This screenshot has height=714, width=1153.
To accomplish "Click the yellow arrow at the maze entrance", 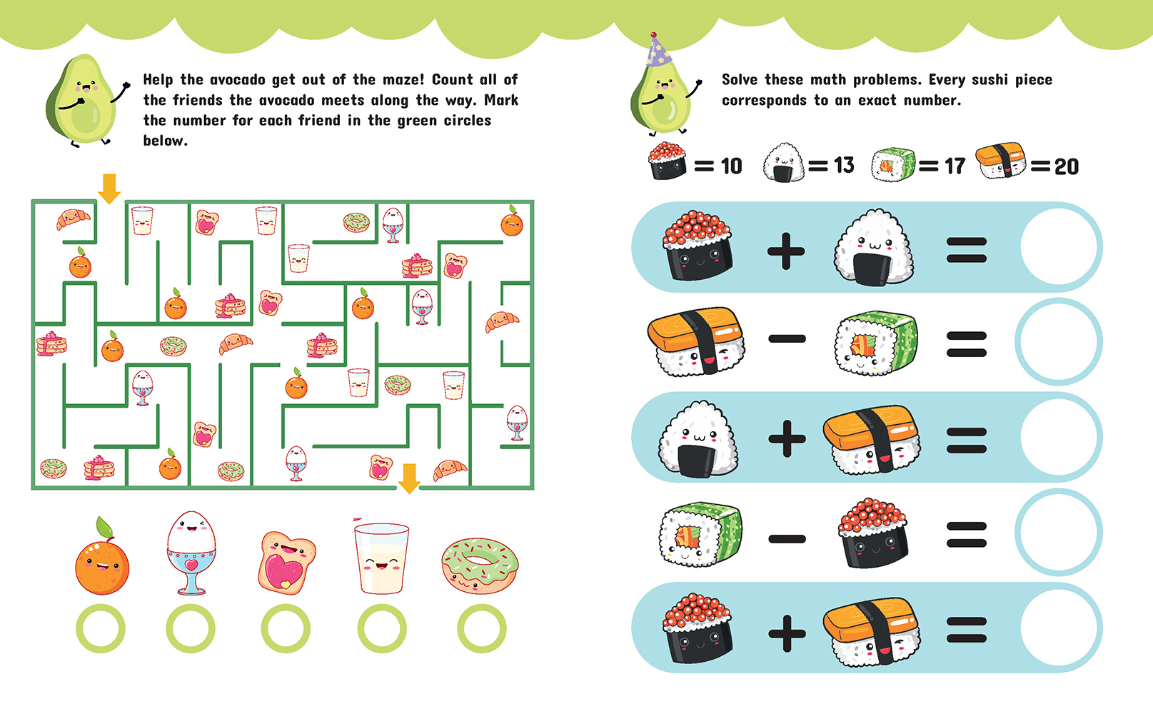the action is coord(109,188).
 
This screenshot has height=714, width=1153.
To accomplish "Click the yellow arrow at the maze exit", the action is coord(409,478).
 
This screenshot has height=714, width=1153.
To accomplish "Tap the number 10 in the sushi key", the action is coord(732,166).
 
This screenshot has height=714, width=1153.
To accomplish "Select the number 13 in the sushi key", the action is coord(844,166).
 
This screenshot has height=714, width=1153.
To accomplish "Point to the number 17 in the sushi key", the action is coord(955,166).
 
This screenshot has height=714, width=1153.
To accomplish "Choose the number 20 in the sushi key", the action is coord(1067,167).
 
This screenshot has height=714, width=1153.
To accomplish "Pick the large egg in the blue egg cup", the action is coord(191,553).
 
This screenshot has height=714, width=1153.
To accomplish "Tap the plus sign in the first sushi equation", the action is coord(786,251).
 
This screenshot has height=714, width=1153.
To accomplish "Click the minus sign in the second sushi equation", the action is coord(787,338).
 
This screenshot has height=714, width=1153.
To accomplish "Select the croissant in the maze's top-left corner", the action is coord(73,218).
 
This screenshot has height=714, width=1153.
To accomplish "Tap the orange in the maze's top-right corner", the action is coord(512,221).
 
